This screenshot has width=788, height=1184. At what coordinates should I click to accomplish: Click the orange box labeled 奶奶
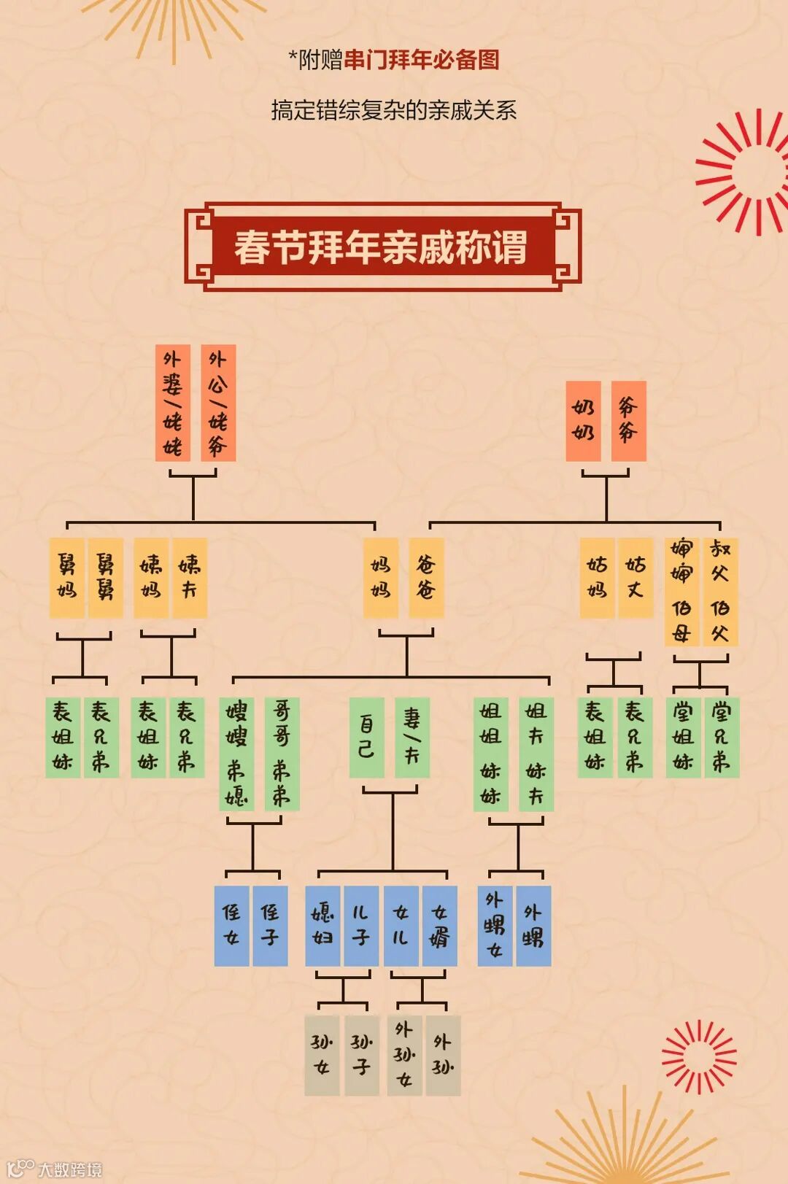[x=583, y=421]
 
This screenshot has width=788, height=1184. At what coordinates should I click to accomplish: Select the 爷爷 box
[x=628, y=421]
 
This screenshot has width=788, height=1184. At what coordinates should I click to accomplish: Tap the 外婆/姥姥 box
[x=173, y=403]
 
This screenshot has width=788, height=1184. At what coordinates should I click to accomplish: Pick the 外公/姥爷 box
[x=218, y=403]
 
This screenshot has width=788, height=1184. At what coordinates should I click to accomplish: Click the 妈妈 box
[x=381, y=578]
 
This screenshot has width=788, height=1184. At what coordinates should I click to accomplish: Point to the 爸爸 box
[x=426, y=578]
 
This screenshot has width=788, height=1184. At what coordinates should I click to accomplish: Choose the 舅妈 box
[x=67, y=578]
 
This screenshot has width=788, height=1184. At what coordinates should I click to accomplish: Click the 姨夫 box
[x=190, y=578]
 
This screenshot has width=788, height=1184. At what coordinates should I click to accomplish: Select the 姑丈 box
[x=636, y=578]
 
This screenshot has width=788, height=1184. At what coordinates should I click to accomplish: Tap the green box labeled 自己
[x=366, y=737]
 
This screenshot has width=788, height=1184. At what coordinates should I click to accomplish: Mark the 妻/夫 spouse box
[x=412, y=737]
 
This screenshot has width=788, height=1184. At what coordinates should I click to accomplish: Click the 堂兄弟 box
[x=722, y=737]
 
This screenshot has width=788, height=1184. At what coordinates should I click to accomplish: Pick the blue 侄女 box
[x=232, y=926]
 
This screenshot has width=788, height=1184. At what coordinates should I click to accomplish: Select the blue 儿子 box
[x=360, y=926]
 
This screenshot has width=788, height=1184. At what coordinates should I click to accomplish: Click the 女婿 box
[x=439, y=926]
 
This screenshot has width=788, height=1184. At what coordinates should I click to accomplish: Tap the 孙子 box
[x=362, y=1055]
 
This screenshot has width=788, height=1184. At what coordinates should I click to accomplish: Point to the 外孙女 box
[x=404, y=1055]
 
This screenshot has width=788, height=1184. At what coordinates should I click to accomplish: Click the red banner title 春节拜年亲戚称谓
[x=381, y=247]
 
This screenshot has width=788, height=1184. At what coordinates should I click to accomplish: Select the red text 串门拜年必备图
[x=422, y=60]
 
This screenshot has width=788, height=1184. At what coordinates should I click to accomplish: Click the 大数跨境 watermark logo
[x=55, y=1169]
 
